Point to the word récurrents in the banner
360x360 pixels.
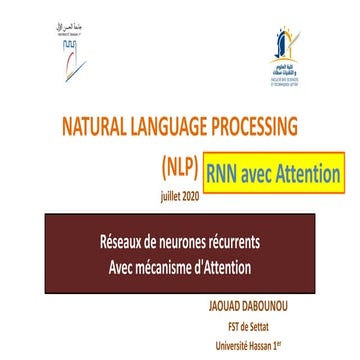point(247,242)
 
